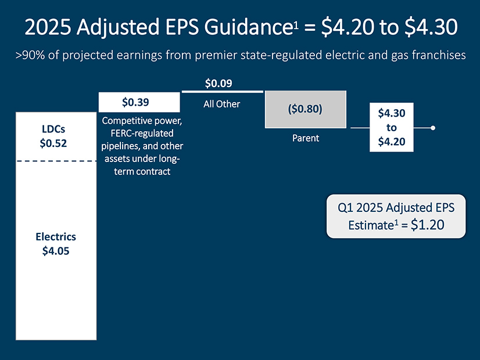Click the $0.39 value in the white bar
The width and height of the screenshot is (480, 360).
135,102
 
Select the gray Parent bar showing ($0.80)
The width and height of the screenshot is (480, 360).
306,109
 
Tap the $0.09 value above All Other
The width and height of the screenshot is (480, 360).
218,83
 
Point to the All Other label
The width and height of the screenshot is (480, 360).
221,104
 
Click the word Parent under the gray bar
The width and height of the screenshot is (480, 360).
306,138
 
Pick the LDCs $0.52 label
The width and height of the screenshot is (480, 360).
53,136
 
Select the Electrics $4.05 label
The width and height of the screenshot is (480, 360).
56,244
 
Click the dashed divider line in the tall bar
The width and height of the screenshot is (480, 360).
56,161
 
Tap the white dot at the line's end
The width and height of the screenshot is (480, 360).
433,128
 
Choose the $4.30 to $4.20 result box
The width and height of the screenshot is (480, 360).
392,127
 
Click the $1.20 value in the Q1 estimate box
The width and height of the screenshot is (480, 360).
427,225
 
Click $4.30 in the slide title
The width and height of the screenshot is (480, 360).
431,27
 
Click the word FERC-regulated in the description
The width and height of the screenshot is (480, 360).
142,134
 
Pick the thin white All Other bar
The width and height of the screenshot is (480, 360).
223,92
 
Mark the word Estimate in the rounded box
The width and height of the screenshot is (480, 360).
371,225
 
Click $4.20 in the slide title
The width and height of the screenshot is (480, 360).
348,27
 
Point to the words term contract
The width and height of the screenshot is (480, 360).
142,171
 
